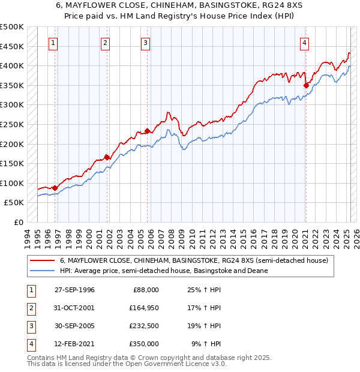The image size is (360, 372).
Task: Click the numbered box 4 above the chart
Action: click(x=305, y=43)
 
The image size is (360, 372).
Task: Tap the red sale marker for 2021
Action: click(x=306, y=85)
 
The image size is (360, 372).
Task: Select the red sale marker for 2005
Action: click(x=147, y=131)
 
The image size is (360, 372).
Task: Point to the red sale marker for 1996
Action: click(x=55, y=188)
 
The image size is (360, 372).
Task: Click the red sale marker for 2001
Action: click(x=107, y=157)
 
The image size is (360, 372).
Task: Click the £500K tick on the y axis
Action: click(x=12, y=27)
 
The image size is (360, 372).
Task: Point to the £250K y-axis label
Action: click(x=12, y=124)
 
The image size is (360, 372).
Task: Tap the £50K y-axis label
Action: click(x=14, y=203)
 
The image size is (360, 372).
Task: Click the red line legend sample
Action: click(x=42, y=261)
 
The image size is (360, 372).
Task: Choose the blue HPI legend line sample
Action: click(x=42, y=271)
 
